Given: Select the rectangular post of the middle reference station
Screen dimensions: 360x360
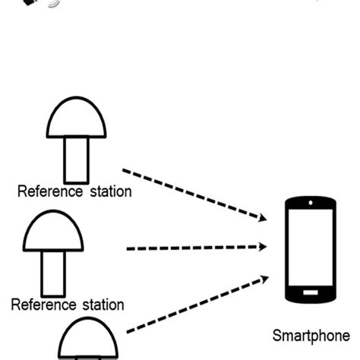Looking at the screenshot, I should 53,273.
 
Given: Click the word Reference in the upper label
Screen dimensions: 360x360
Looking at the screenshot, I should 49,191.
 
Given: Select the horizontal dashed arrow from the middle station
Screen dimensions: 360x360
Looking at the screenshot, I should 194,248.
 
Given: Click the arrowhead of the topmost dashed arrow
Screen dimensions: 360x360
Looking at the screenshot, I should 262,218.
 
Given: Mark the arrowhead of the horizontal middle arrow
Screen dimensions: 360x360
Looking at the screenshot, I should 263,247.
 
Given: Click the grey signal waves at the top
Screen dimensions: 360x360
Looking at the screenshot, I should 53,4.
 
